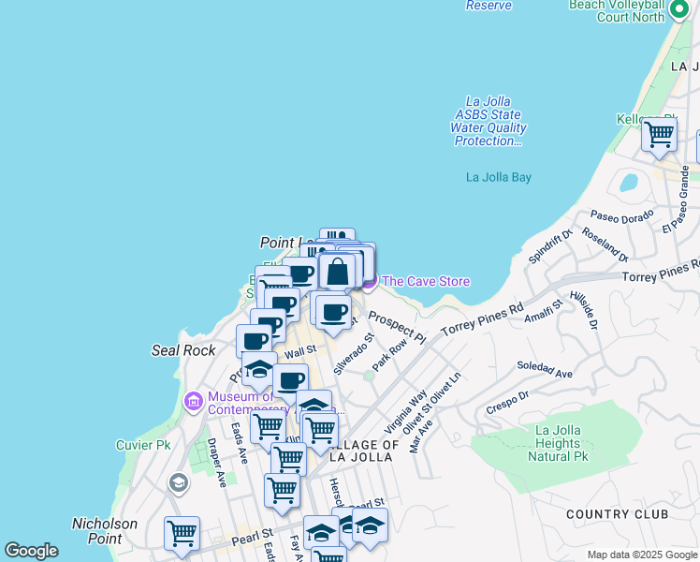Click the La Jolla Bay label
498,177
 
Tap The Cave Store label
425,281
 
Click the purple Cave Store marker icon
368,280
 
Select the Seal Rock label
183,350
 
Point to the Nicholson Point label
105,531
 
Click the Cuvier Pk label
142,445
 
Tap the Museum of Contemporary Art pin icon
194,402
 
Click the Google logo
31,551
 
